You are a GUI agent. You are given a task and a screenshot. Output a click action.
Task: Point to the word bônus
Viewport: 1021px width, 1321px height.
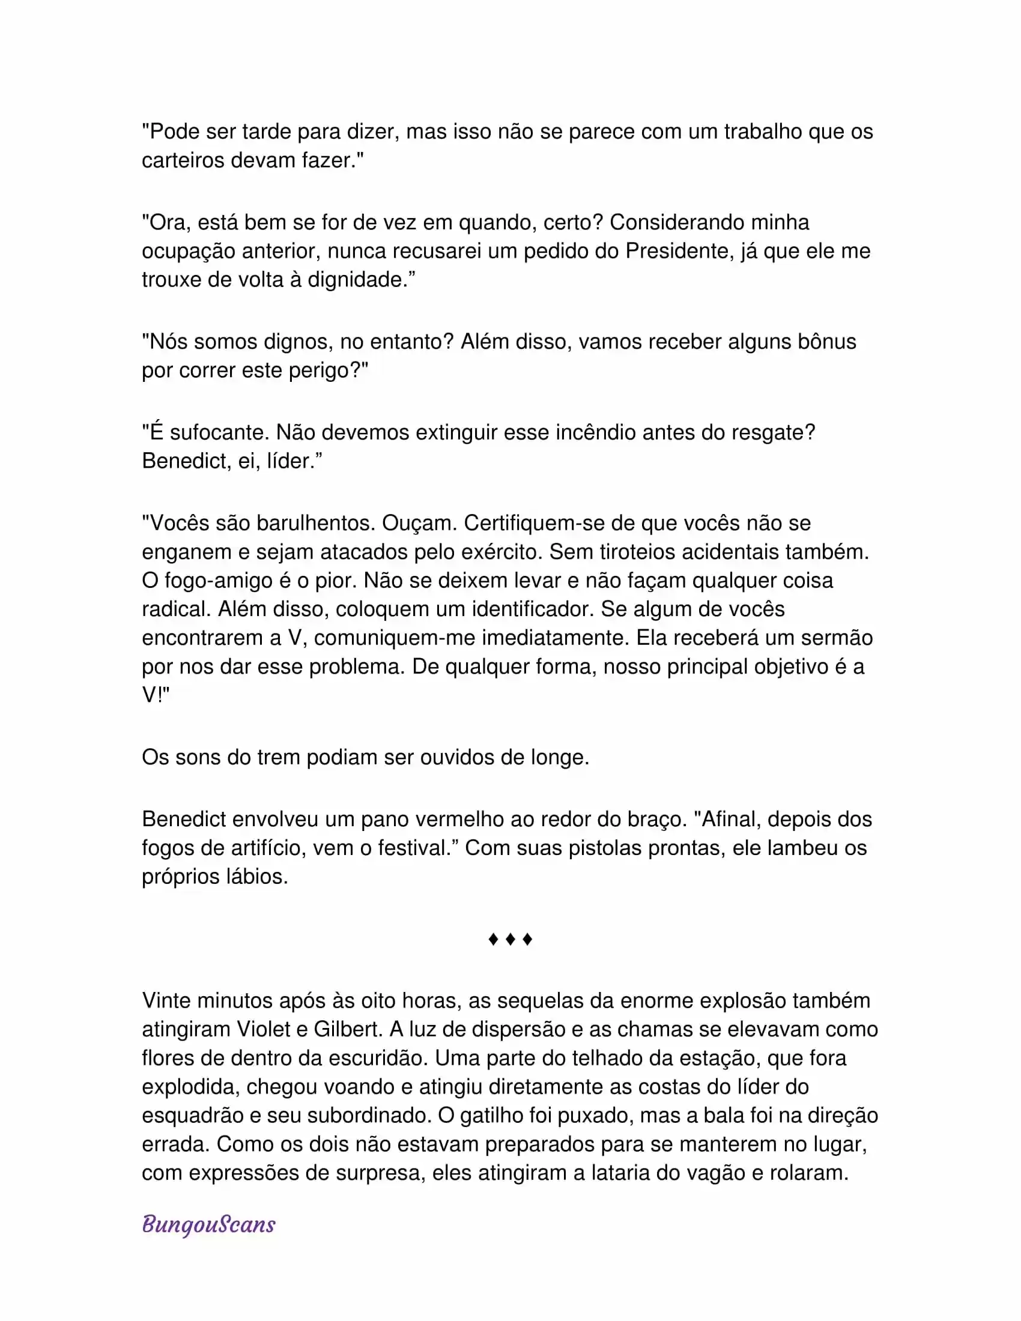pyautogui.click(x=827, y=342)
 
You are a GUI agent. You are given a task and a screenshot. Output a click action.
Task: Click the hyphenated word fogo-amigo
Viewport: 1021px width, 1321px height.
pyautogui.click(x=219, y=581)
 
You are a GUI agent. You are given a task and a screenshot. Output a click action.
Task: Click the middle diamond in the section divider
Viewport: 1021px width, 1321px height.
pyautogui.click(x=510, y=939)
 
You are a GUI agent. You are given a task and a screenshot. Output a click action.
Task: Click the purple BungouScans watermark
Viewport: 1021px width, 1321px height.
pyautogui.click(x=208, y=1225)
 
